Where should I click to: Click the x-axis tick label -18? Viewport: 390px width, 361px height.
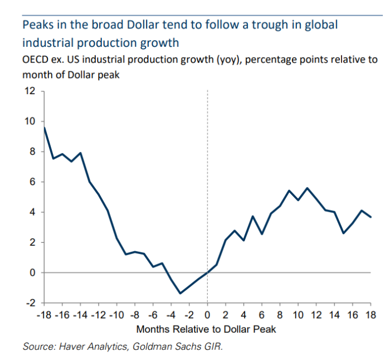coord(45,316)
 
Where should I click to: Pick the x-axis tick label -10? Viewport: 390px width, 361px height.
coord(116,316)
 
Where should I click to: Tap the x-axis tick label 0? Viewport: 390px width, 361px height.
coord(207,316)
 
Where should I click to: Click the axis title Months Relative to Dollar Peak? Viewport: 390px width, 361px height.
coord(206,329)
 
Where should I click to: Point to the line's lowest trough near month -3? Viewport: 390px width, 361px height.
coord(181,293)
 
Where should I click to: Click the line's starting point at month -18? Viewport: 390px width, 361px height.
coord(44,127)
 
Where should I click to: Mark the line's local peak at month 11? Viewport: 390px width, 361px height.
coord(307,188)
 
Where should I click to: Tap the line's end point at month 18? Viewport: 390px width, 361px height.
coord(370,217)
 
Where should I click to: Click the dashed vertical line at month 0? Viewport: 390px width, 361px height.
coord(207,167)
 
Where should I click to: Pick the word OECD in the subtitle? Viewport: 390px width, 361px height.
coord(35,60)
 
